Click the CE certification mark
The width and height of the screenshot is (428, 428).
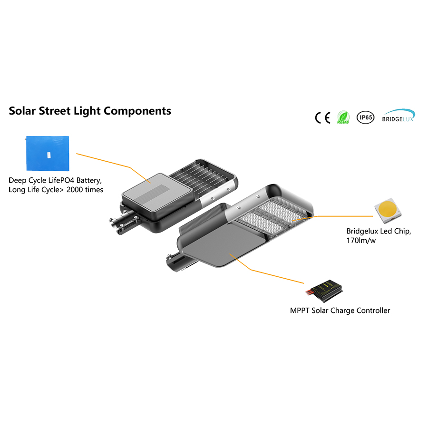coord(322,117)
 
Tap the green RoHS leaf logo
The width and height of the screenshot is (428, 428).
coord(343,117)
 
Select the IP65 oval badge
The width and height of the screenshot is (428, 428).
coord(365,117)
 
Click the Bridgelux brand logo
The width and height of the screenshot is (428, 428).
coord(399,117)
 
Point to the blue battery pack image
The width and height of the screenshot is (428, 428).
coord(48,153)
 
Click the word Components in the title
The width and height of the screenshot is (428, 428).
coord(137,111)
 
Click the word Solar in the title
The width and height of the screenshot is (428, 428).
coord(24,111)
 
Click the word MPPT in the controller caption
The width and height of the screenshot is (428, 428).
coord(300,311)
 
